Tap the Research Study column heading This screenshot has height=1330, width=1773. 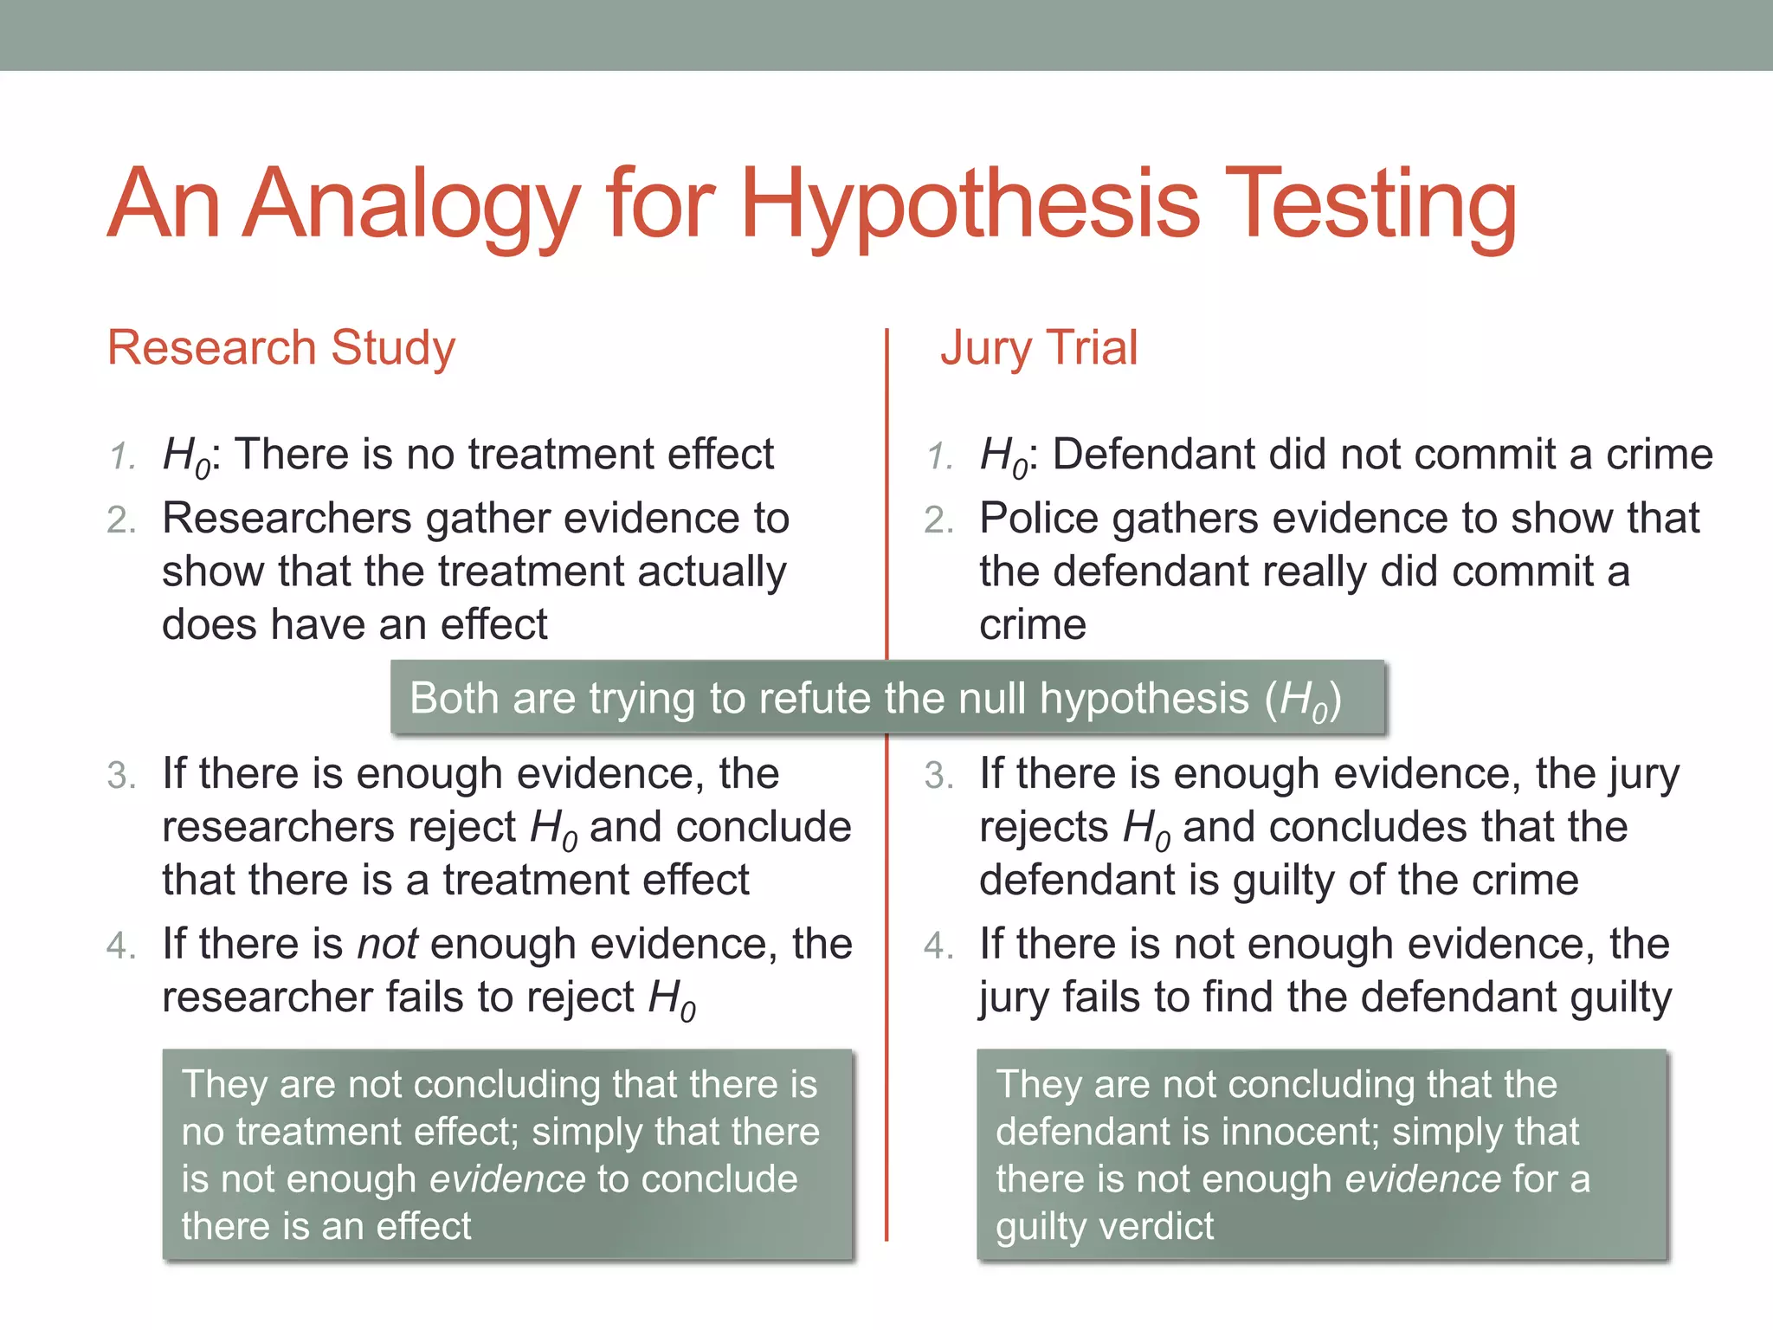pos(280,348)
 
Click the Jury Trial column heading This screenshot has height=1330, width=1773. pos(1039,348)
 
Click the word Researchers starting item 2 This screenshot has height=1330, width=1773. pos(287,519)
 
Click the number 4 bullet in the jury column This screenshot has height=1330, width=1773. pos(938,946)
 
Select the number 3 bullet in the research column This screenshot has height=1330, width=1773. pos(120,776)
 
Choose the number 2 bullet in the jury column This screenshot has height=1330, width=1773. pos(938,520)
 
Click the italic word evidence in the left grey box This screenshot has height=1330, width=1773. pos(507,1179)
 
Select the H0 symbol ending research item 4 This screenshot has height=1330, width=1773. pos(672,1000)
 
